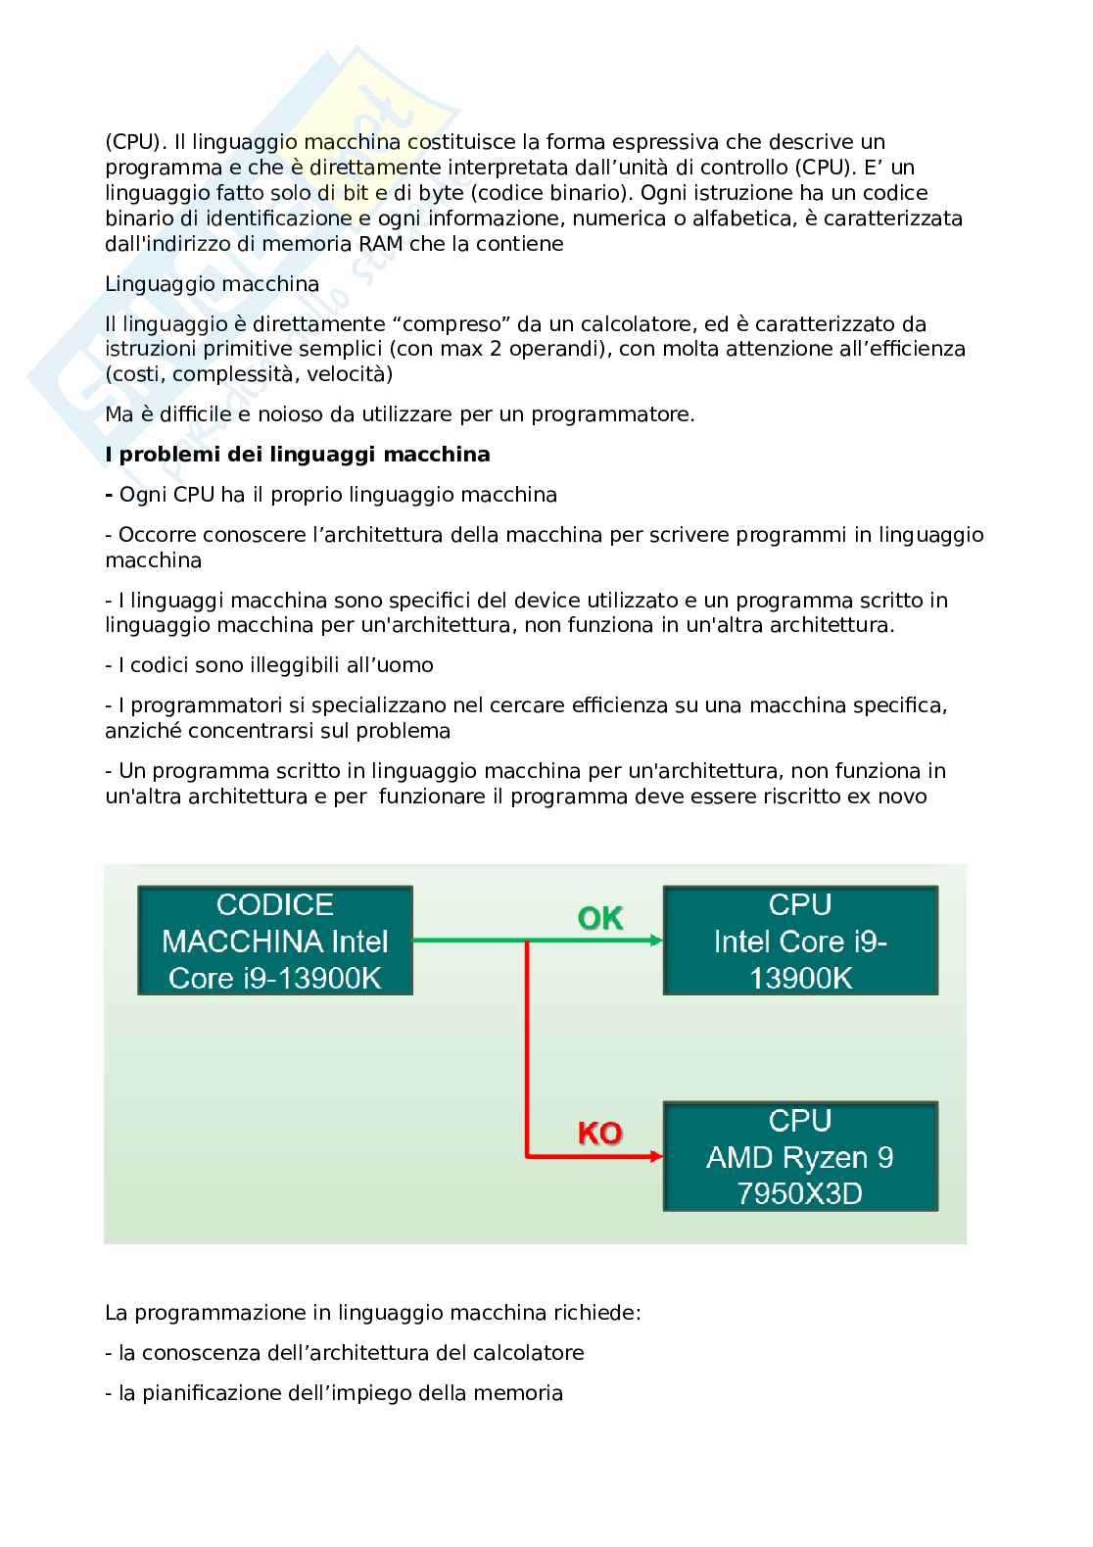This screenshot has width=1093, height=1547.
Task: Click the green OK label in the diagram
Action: (x=600, y=918)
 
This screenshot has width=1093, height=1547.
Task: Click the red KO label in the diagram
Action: (x=599, y=1134)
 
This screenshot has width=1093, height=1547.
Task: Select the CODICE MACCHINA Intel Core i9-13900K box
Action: (x=275, y=941)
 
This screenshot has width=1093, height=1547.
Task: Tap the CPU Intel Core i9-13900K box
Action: (x=800, y=941)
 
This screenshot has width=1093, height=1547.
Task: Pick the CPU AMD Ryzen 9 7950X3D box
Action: (x=800, y=1156)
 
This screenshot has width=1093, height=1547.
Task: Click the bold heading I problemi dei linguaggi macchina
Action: (x=298, y=455)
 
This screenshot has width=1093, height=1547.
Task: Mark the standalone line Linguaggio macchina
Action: (x=213, y=284)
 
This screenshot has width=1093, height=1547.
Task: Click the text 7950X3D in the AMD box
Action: (x=800, y=1194)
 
